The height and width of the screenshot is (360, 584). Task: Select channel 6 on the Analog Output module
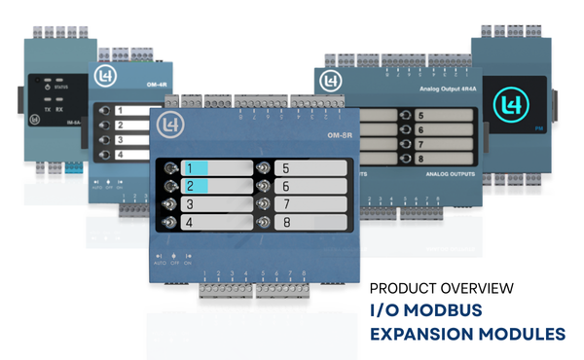pyautogui.click(x=448, y=129)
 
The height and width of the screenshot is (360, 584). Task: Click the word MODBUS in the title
pyautogui.click(x=456, y=310)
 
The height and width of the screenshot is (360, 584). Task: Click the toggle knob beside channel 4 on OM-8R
pyautogui.click(x=171, y=223)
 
